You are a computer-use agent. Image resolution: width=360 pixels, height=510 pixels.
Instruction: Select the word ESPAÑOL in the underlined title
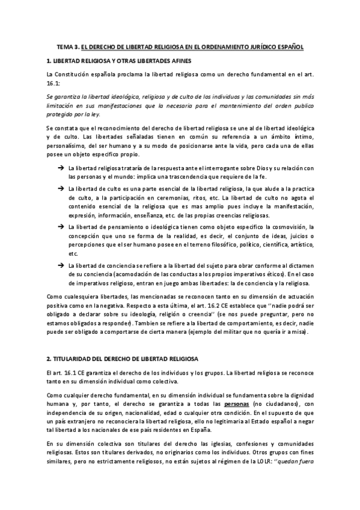(x=288, y=46)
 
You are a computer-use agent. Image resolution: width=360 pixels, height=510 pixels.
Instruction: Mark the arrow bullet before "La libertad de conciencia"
(x=62, y=265)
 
